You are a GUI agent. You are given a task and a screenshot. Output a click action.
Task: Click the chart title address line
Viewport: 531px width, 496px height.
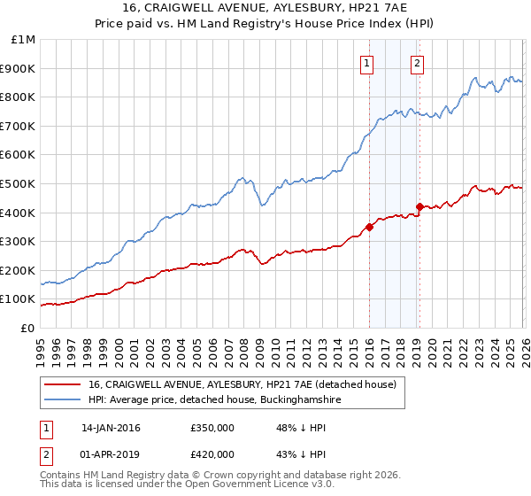[265, 9]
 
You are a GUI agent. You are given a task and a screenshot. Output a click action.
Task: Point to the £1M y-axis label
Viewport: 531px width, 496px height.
[22, 39]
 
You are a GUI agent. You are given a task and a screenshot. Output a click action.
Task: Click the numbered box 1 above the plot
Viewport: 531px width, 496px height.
[366, 62]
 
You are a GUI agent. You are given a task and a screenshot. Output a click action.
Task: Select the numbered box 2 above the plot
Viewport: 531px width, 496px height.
[417, 62]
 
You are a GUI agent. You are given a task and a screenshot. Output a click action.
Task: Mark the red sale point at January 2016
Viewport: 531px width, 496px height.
[369, 227]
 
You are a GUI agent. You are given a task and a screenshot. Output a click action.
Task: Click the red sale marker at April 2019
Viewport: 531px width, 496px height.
[419, 206]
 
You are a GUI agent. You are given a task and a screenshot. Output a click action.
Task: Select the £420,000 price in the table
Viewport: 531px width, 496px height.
[212, 454]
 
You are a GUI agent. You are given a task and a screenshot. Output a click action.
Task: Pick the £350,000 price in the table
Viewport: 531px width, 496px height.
[212, 428]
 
